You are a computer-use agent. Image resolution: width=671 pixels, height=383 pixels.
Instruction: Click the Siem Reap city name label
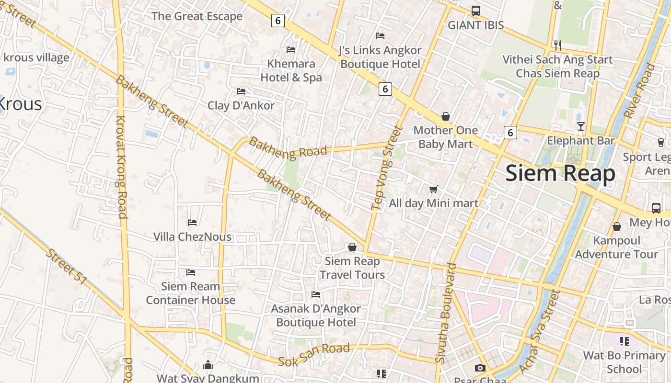tap(560, 173)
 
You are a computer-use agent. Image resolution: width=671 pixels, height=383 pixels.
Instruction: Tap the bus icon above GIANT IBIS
tap(475, 11)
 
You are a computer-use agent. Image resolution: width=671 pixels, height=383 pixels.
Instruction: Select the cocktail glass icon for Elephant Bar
tap(580, 126)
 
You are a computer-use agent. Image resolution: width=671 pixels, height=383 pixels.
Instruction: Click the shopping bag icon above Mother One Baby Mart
tap(445, 116)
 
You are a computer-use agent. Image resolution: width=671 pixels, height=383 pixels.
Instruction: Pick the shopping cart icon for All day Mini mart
tap(433, 190)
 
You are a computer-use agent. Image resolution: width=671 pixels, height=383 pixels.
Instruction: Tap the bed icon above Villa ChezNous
tap(192, 222)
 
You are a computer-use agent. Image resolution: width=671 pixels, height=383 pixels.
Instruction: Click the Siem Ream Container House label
tap(190, 293)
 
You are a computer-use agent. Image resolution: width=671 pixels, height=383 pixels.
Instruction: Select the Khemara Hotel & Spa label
tap(291, 70)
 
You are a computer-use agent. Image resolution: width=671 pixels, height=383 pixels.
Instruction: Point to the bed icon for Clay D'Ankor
tap(241, 91)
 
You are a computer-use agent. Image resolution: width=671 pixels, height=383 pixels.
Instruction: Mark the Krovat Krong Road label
tap(122, 167)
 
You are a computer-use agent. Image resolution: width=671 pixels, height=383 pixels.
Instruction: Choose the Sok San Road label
tap(314, 354)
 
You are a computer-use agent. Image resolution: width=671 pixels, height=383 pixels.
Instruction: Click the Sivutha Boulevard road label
tap(445, 319)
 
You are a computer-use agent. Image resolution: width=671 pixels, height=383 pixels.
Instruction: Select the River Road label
tap(638, 91)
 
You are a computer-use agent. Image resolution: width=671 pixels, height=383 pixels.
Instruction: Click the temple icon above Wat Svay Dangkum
tap(208, 365)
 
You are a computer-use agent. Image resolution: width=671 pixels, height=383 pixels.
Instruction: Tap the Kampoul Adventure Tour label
tap(616, 247)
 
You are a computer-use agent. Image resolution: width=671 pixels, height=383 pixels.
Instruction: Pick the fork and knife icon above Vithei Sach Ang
tap(557, 45)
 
